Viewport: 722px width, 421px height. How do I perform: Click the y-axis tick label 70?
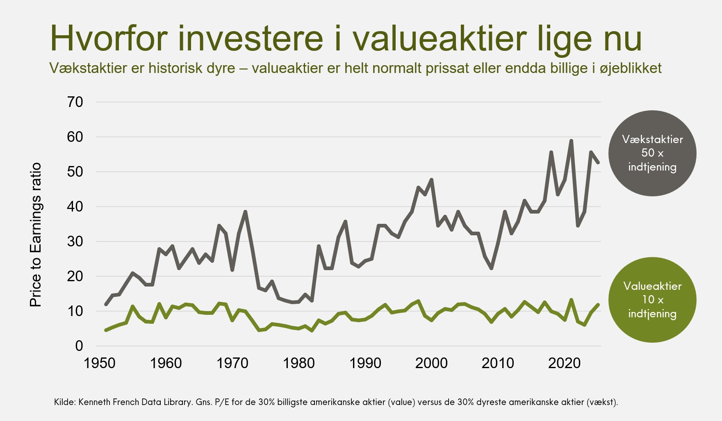click(75, 102)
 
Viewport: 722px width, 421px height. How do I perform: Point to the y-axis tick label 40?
click(75, 207)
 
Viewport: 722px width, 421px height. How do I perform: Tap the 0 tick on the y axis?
click(79, 346)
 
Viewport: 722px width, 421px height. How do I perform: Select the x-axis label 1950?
click(100, 363)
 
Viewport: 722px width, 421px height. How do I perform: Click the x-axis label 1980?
click(299, 363)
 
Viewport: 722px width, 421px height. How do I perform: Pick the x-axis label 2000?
click(431, 363)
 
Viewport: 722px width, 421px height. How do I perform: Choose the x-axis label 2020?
click(564, 363)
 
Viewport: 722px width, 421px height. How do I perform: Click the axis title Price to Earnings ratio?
click(36, 234)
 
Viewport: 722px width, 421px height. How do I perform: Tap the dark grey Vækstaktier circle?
click(652, 153)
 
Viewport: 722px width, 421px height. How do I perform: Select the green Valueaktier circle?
click(652, 300)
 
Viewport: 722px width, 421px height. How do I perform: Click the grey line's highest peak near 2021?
click(571, 141)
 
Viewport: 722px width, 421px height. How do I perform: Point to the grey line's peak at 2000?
click(432, 180)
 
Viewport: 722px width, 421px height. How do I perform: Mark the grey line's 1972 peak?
click(245, 212)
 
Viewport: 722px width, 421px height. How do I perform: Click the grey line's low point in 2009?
click(491, 268)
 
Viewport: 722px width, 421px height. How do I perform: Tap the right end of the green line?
click(598, 305)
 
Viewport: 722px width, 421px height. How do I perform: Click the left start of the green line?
click(106, 330)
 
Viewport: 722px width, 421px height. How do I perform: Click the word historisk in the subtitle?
click(177, 68)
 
